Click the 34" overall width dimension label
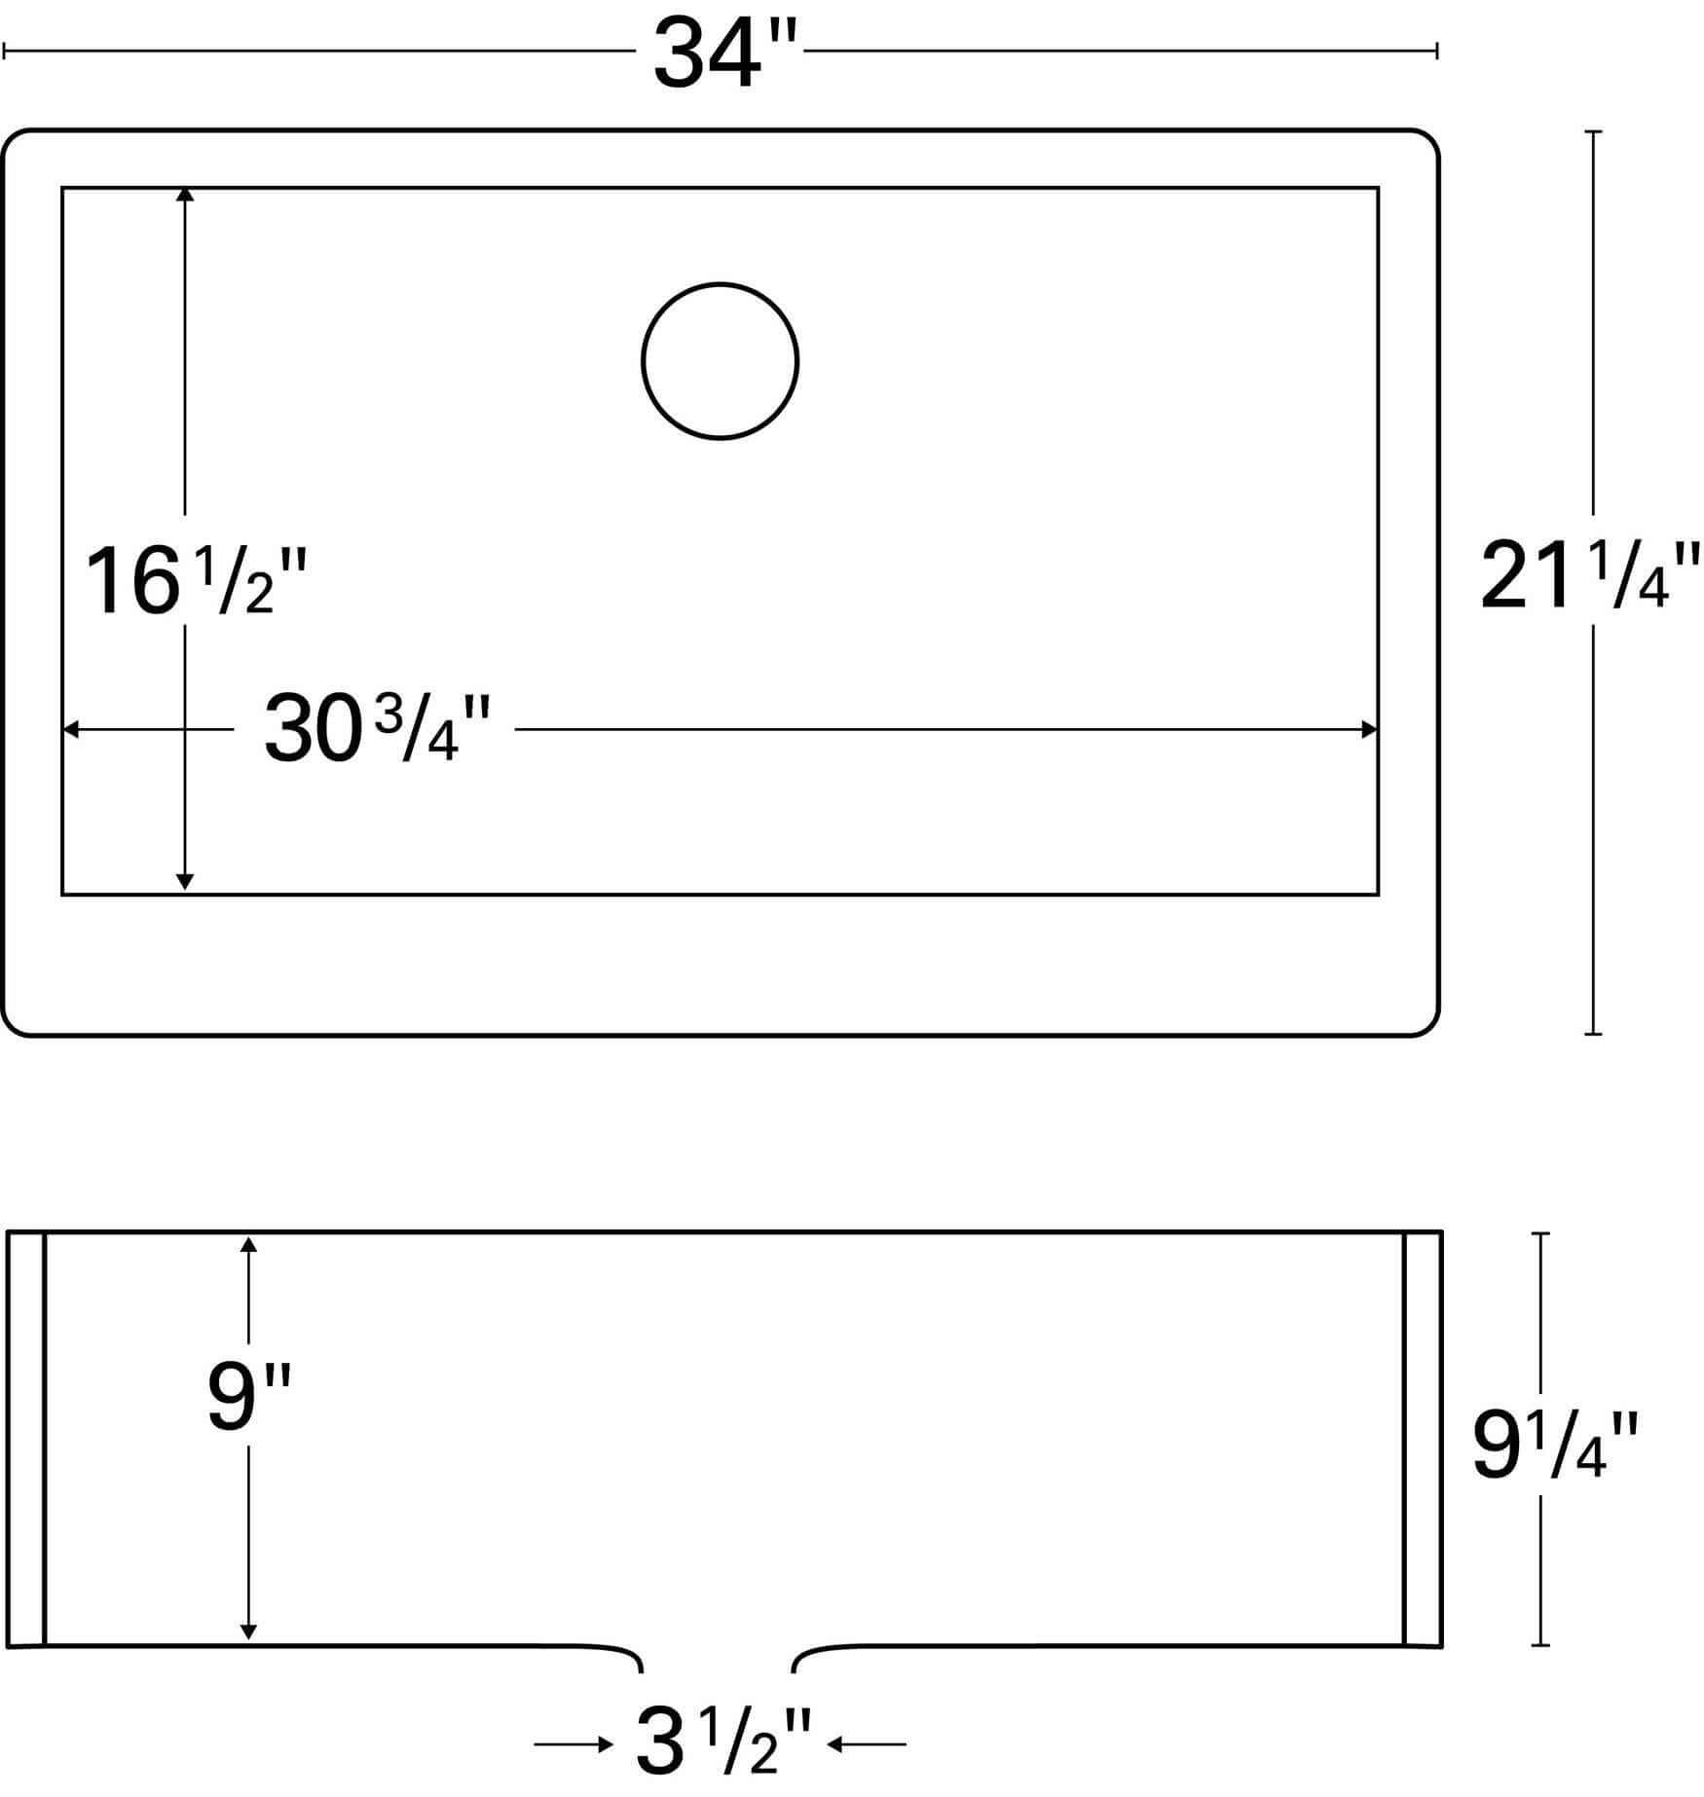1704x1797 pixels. click(724, 55)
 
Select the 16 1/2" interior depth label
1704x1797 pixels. click(196, 583)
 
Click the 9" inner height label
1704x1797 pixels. click(249, 1399)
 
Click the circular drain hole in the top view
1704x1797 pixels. click(721, 361)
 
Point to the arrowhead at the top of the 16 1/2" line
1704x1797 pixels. click(185, 195)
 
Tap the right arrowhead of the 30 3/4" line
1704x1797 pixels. click(1369, 729)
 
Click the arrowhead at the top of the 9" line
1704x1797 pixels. click(248, 1245)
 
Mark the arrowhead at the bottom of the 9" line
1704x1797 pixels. click(248, 1632)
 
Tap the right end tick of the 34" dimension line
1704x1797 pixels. click(1437, 51)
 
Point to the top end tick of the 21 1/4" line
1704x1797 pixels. click(1593, 131)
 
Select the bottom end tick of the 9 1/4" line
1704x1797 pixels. click(1539, 1645)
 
